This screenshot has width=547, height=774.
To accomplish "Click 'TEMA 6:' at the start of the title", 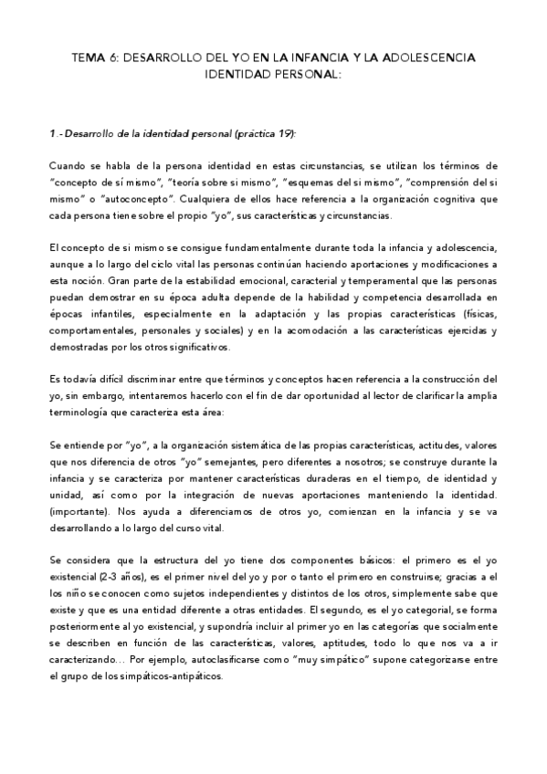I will point(93,58).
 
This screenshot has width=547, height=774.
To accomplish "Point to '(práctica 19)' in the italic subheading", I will point(262,133).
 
